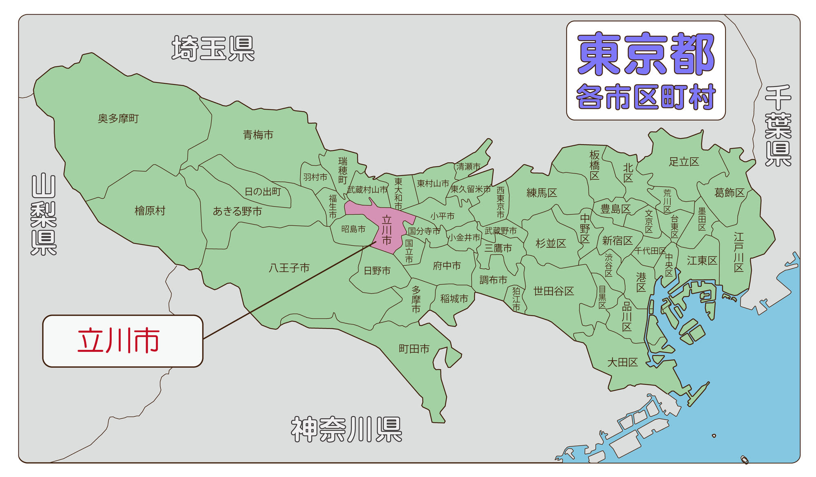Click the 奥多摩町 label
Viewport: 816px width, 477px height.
point(118,119)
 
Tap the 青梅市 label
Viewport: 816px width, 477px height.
point(258,135)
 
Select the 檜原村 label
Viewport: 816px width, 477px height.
point(150,211)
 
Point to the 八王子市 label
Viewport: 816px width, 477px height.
point(289,268)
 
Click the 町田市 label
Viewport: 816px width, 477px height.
point(414,349)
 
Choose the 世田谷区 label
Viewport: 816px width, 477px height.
point(554,291)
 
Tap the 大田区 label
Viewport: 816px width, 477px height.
point(622,362)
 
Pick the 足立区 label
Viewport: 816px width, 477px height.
point(684,162)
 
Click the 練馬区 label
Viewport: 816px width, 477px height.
point(541,193)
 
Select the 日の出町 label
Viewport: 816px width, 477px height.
point(263,192)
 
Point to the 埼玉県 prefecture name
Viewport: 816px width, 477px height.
point(213,49)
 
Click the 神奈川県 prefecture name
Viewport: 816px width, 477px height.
point(346,429)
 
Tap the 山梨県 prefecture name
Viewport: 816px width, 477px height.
point(44,214)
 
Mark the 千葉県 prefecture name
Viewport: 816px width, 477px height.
point(778,126)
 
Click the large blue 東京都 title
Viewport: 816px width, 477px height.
point(646,54)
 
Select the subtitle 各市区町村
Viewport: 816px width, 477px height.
point(646,97)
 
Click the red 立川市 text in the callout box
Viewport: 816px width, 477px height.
point(118,341)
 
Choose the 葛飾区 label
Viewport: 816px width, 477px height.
point(729,193)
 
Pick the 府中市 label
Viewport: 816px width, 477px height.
point(446,266)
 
